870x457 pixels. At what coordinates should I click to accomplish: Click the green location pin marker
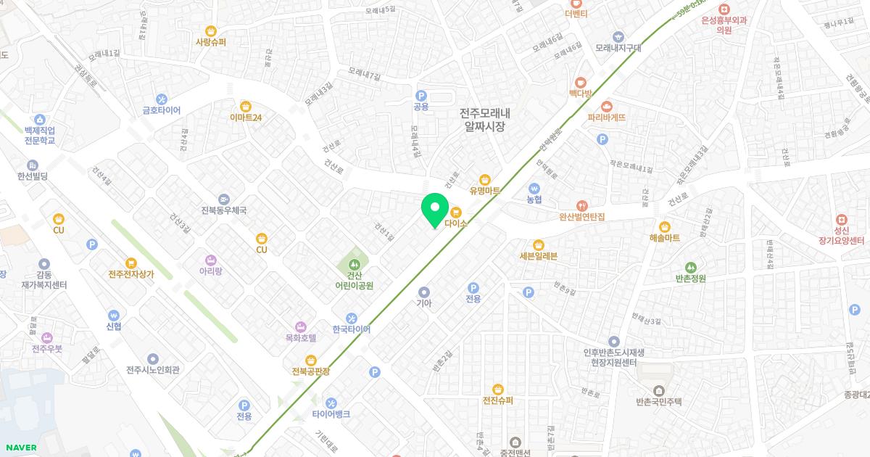pyautogui.click(x=435, y=209)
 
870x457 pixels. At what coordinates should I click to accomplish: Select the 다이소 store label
pyautogui.click(x=456, y=224)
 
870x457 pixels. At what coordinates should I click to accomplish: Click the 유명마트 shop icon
pyautogui.click(x=485, y=180)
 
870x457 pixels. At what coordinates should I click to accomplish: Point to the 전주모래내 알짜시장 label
pyautogui.click(x=485, y=120)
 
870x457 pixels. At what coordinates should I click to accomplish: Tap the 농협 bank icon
pyautogui.click(x=534, y=188)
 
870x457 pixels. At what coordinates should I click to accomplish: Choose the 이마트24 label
pyautogui.click(x=245, y=118)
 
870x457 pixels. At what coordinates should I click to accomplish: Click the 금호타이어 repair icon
pyautogui.click(x=161, y=99)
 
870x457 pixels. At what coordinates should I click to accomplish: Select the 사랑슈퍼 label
pyautogui.click(x=210, y=42)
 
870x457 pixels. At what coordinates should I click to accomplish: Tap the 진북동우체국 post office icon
pyautogui.click(x=223, y=199)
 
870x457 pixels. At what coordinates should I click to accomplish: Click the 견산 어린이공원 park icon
pyautogui.click(x=354, y=263)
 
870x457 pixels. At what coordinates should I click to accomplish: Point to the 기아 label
pyautogui.click(x=424, y=303)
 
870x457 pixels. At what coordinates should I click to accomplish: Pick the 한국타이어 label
pyautogui.click(x=351, y=329)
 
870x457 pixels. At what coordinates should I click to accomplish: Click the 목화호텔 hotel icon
pyautogui.click(x=300, y=326)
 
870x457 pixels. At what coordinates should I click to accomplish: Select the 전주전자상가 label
pyautogui.click(x=131, y=274)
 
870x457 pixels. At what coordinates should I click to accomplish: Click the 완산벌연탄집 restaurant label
pyautogui.click(x=581, y=216)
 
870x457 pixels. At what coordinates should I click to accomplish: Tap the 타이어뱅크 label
pyautogui.click(x=331, y=414)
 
